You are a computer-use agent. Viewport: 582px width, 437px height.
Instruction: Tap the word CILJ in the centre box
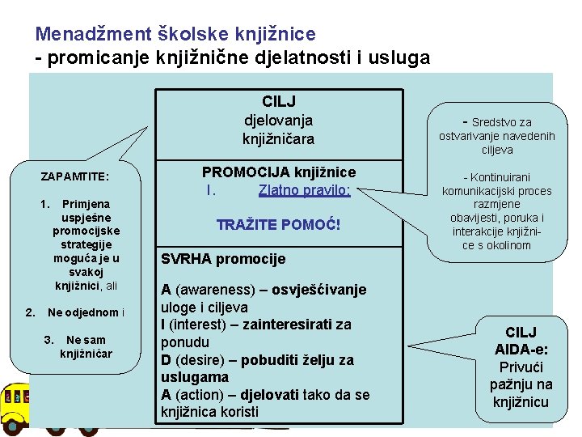pos(279,101)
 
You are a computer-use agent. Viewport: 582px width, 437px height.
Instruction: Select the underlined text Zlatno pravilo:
pos(304,191)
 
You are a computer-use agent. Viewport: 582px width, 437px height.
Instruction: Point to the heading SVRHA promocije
pos(223,260)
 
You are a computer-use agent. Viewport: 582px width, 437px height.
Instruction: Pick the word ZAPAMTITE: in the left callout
pos(75,176)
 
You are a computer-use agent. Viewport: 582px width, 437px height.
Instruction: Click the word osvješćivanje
pos(319,290)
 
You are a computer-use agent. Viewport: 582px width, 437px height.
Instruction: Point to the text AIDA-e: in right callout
pos(520,349)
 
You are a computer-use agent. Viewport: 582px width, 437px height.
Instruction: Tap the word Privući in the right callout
pos(521,367)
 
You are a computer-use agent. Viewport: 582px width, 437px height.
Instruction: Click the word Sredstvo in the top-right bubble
pos(496,122)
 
